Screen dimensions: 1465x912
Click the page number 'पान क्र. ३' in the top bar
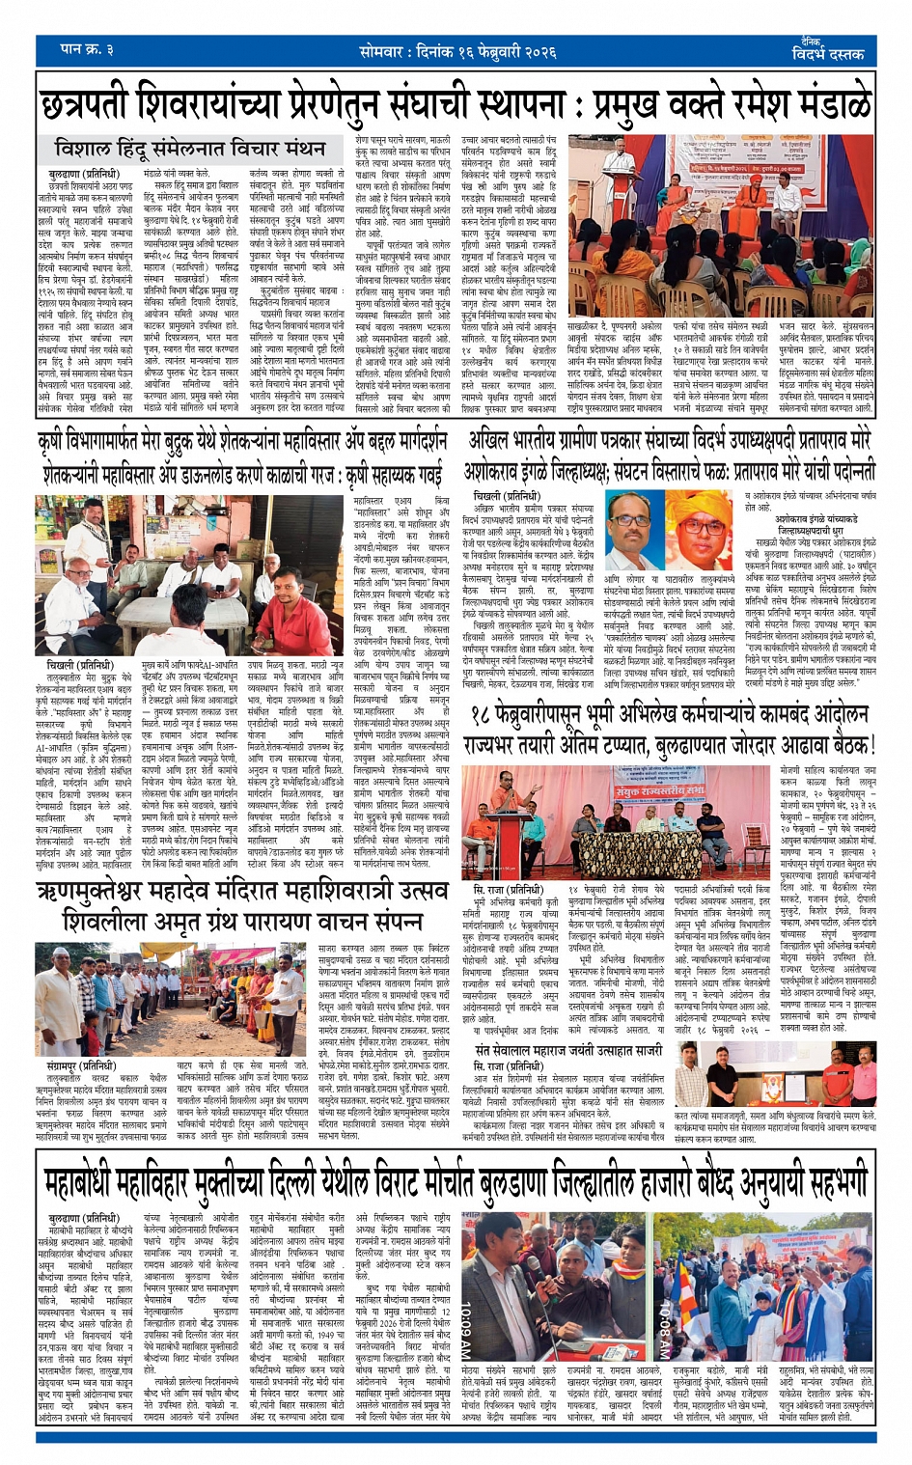[86, 49]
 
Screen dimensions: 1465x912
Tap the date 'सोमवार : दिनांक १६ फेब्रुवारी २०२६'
[457, 49]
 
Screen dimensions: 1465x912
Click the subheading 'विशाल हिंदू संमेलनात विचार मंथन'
[189, 149]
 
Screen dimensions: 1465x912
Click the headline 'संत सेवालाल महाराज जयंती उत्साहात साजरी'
[568, 1049]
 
